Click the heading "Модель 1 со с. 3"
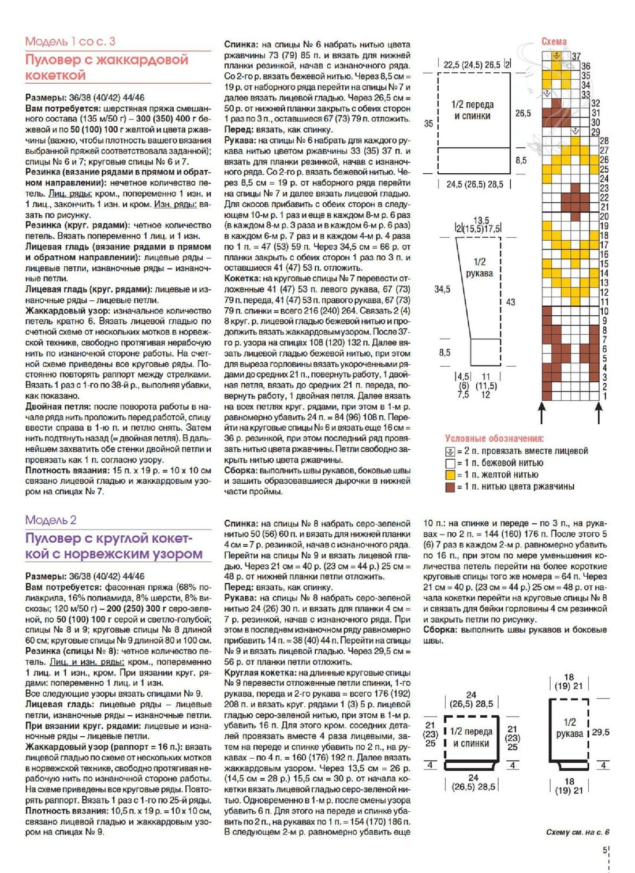point(70,41)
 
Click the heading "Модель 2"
point(51,520)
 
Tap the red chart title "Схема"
point(554,42)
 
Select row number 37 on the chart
point(576,57)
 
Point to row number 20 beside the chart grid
point(604,217)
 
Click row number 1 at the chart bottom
point(604,396)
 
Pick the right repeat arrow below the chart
point(599,413)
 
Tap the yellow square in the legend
point(450,475)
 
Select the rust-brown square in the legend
point(450,487)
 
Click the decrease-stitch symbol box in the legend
point(450,451)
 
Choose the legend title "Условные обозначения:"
point(494,439)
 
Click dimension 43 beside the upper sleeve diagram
point(510,302)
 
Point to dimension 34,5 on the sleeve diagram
point(442,289)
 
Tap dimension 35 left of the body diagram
point(428,124)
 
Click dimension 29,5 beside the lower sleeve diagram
point(600,732)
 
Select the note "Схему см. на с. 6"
point(577,832)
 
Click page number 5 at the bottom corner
point(604,850)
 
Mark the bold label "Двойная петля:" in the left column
point(58,406)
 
